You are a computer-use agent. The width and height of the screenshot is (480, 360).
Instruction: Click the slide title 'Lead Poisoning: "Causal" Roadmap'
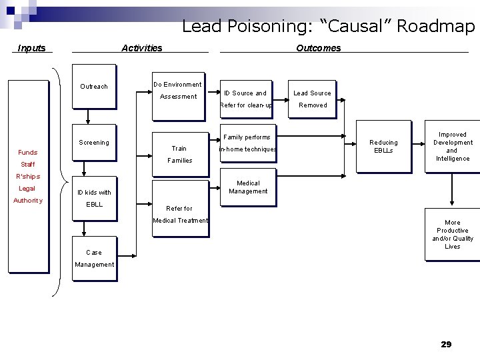pos(328,26)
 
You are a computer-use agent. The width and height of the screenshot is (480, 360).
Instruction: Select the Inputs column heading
pos(32,48)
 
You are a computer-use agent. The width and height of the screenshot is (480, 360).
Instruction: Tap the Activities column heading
pos(141,48)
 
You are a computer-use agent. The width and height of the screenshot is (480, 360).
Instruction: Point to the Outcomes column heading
pos(318,48)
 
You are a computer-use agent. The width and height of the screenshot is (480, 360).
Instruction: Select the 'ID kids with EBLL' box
pos(94,198)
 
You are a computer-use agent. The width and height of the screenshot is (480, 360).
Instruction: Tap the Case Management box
pos(94,258)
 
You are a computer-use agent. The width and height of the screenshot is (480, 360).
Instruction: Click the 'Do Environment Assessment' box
pos(178,95)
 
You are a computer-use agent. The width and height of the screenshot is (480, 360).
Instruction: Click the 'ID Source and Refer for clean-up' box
pos(245,99)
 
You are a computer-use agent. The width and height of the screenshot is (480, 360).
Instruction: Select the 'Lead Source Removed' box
pos(313,99)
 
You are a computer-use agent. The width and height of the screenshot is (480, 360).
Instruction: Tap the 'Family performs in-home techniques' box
pos(247,143)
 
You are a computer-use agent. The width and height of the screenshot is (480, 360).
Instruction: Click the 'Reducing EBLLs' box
pos(383,146)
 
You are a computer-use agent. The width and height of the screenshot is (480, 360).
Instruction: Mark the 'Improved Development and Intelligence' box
pos(452,147)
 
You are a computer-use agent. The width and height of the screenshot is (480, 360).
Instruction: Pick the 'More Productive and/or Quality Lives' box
pos(452,234)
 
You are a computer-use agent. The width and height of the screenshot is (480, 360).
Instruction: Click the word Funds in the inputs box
pos(28,152)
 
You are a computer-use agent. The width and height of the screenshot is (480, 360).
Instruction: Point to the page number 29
pos(446,344)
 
